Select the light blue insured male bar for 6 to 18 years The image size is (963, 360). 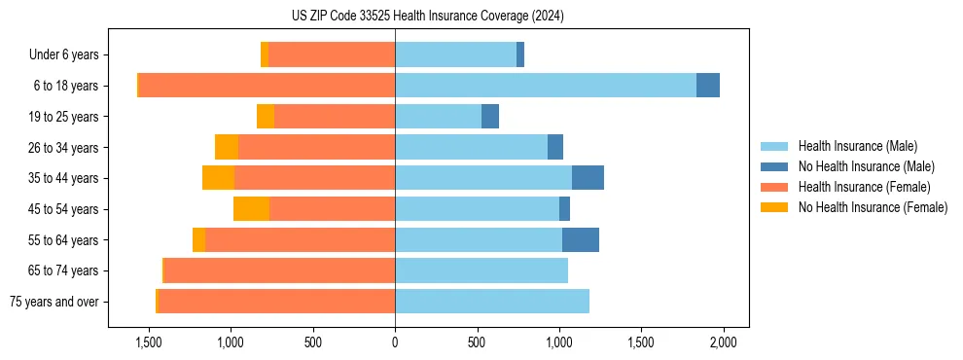pyautogui.click(x=545, y=86)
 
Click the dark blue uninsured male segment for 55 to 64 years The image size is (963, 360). pyautogui.click(x=581, y=239)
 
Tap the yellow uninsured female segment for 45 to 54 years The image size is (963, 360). pyautogui.click(x=251, y=209)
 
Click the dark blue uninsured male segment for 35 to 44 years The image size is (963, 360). pyautogui.click(x=588, y=178)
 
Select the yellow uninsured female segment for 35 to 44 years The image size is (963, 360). pyautogui.click(x=218, y=178)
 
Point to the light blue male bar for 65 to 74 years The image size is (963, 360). pyautogui.click(x=481, y=270)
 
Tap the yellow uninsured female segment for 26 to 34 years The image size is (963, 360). pyautogui.click(x=227, y=147)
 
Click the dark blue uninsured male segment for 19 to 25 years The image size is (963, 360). pyautogui.click(x=490, y=117)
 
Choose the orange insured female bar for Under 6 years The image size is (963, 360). pyautogui.click(x=332, y=54)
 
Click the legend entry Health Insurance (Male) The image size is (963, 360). pyautogui.click(x=857, y=146)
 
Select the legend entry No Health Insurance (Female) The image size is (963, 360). pyautogui.click(x=873, y=207)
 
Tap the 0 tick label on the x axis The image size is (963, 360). pyautogui.click(x=395, y=342)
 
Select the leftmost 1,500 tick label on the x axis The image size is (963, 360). pyautogui.click(x=149, y=342)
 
